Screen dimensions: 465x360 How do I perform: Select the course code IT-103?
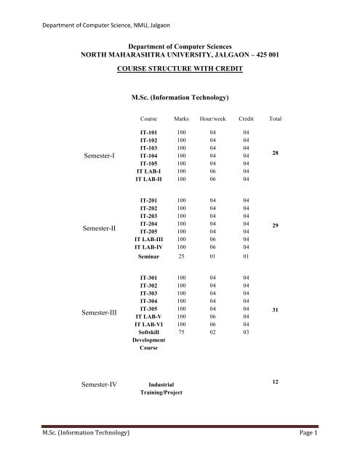149,147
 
